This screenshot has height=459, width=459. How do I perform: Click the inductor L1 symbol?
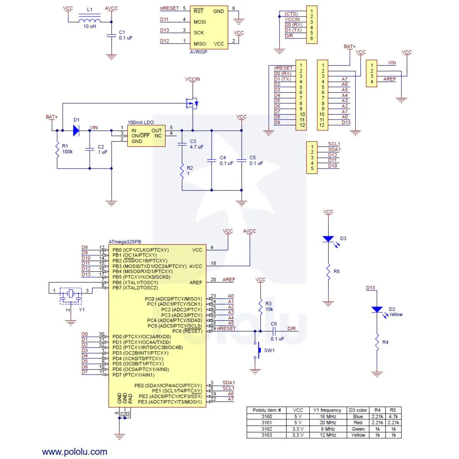pyautogui.click(x=90, y=20)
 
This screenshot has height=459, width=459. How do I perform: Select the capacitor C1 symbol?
pyautogui.click(x=111, y=35)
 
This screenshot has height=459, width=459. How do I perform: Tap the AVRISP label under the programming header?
pyautogui.click(x=199, y=52)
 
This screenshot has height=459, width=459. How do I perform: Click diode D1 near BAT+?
pyautogui.click(x=76, y=130)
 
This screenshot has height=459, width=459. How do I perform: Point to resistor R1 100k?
pyautogui.click(x=57, y=150)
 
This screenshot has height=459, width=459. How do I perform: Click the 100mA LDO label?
pyautogui.click(x=141, y=122)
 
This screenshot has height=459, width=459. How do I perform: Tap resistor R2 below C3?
pyautogui.click(x=182, y=171)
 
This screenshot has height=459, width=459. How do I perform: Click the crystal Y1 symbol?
pyautogui.click(x=71, y=294)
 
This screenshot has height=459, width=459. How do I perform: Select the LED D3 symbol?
pyautogui.click(x=328, y=239)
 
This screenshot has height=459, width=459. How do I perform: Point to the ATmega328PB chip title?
pyautogui.click(x=125, y=242)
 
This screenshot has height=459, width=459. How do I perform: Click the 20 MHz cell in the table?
pyautogui.click(x=328, y=423)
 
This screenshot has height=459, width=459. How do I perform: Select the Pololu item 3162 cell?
pyautogui.click(x=267, y=429)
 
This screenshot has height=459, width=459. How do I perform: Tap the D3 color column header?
pyautogui.click(x=358, y=410)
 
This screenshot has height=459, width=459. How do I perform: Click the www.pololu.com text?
pyautogui.click(x=75, y=452)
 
